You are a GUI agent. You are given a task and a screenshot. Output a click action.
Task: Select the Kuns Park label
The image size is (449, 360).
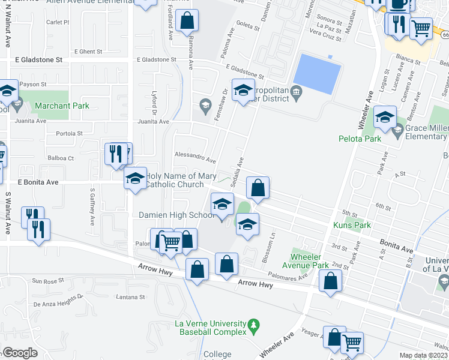click(352, 225)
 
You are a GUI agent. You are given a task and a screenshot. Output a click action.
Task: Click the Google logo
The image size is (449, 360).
click(20, 352)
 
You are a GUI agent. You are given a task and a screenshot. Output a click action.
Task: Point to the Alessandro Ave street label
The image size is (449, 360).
click(194, 157)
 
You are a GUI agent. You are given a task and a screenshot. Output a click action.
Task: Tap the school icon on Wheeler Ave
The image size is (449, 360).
click(385, 117)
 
